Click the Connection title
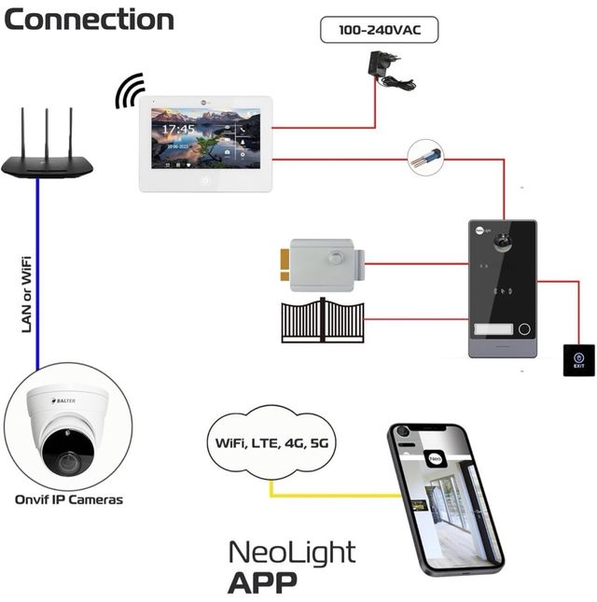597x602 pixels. coord(89,20)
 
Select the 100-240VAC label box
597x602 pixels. coord(379,30)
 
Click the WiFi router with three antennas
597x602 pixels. coord(47,159)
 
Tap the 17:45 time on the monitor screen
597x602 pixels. coord(179,129)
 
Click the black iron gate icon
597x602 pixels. coord(323,320)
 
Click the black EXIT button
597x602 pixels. coord(578,360)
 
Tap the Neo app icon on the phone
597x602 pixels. coord(436,457)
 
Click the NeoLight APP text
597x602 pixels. coord(291,566)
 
